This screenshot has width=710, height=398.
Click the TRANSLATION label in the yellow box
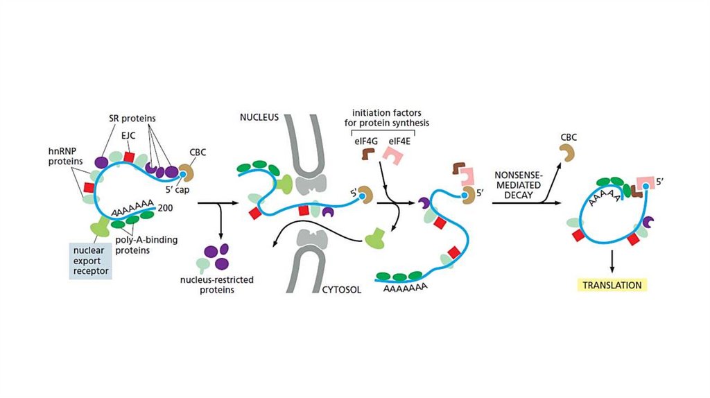[x=612, y=285]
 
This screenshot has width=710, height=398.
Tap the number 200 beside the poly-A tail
[x=165, y=207]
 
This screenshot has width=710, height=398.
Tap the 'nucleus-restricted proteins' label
[x=216, y=285]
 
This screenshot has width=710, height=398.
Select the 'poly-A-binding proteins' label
[x=146, y=245]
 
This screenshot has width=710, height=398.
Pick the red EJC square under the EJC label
[x=129, y=157]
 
